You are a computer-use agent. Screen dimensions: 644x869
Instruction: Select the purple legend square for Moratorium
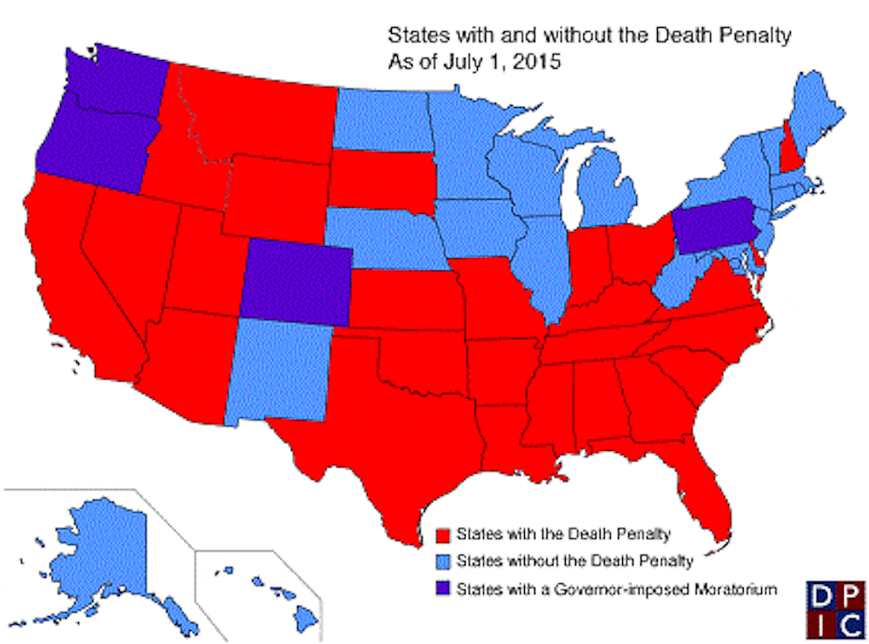(446, 590)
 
